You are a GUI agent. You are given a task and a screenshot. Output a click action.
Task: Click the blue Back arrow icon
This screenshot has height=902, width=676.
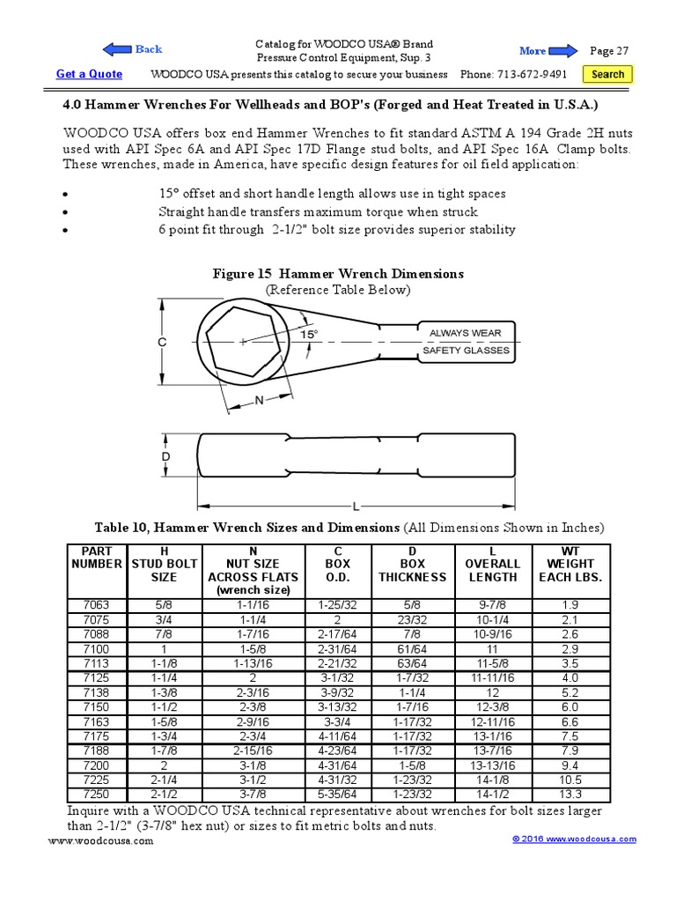(118, 49)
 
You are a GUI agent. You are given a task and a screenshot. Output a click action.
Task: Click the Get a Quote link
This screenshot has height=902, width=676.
(89, 74)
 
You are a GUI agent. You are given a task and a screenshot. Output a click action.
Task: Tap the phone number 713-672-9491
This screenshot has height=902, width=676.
(526, 75)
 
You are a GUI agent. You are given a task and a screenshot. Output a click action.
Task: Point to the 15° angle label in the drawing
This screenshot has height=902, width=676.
(308, 335)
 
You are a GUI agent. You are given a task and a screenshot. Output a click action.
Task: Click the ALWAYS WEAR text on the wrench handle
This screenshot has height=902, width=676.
(465, 333)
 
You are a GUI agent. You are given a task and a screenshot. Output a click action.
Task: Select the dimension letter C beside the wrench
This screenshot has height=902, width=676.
(162, 343)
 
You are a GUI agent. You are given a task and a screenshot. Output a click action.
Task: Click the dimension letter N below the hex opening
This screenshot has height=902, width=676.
(259, 399)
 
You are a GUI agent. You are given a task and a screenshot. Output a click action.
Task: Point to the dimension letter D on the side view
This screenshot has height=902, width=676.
(165, 458)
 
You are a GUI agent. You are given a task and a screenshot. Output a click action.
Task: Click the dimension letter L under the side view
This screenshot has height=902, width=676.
(356, 506)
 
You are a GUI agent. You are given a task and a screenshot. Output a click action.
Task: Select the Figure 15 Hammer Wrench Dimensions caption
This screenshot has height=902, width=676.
(338, 274)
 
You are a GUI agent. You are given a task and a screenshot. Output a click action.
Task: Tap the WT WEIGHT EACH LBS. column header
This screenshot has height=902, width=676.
(570, 564)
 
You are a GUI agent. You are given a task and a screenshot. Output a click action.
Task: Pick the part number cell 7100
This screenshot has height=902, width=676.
(97, 647)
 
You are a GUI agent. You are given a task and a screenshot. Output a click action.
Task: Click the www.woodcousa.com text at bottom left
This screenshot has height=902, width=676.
(100, 840)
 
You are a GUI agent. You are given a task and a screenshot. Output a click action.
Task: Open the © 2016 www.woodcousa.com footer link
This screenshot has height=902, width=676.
(574, 839)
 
